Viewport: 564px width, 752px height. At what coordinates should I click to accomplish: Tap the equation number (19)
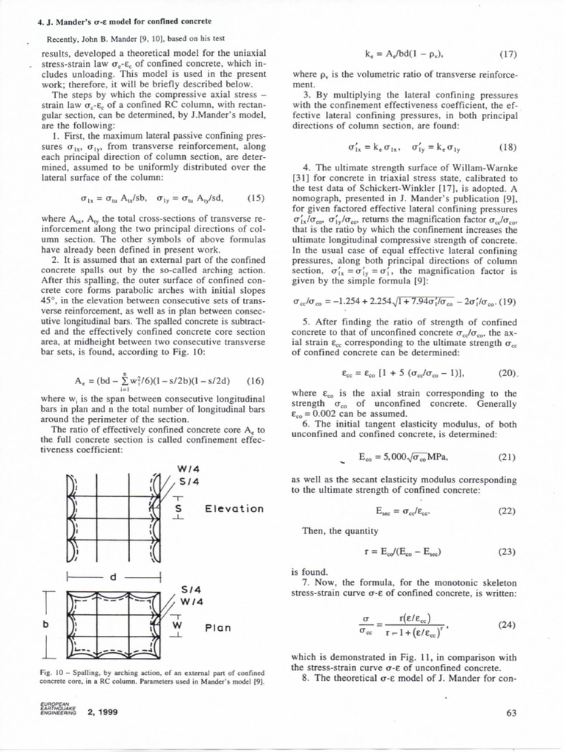506,300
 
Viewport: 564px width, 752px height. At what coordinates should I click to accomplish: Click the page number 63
513,712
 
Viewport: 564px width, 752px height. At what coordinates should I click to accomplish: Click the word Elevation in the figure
234,508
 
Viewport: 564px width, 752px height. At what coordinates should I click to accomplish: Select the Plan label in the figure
218,628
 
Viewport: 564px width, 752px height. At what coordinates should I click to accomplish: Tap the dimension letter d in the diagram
113,577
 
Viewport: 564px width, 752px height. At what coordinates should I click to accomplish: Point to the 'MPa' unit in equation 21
435,457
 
